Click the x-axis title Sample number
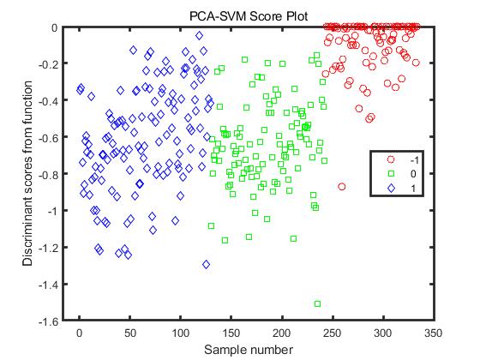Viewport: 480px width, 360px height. (x=249, y=350)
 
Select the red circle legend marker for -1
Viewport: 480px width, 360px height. (x=391, y=159)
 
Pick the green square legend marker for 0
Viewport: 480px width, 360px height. (x=391, y=173)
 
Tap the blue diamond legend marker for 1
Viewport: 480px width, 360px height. (x=391, y=187)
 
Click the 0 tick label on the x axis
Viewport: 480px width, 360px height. (x=79, y=331)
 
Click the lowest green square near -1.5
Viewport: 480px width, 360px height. (x=318, y=303)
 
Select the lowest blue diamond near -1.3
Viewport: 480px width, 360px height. (x=207, y=264)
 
